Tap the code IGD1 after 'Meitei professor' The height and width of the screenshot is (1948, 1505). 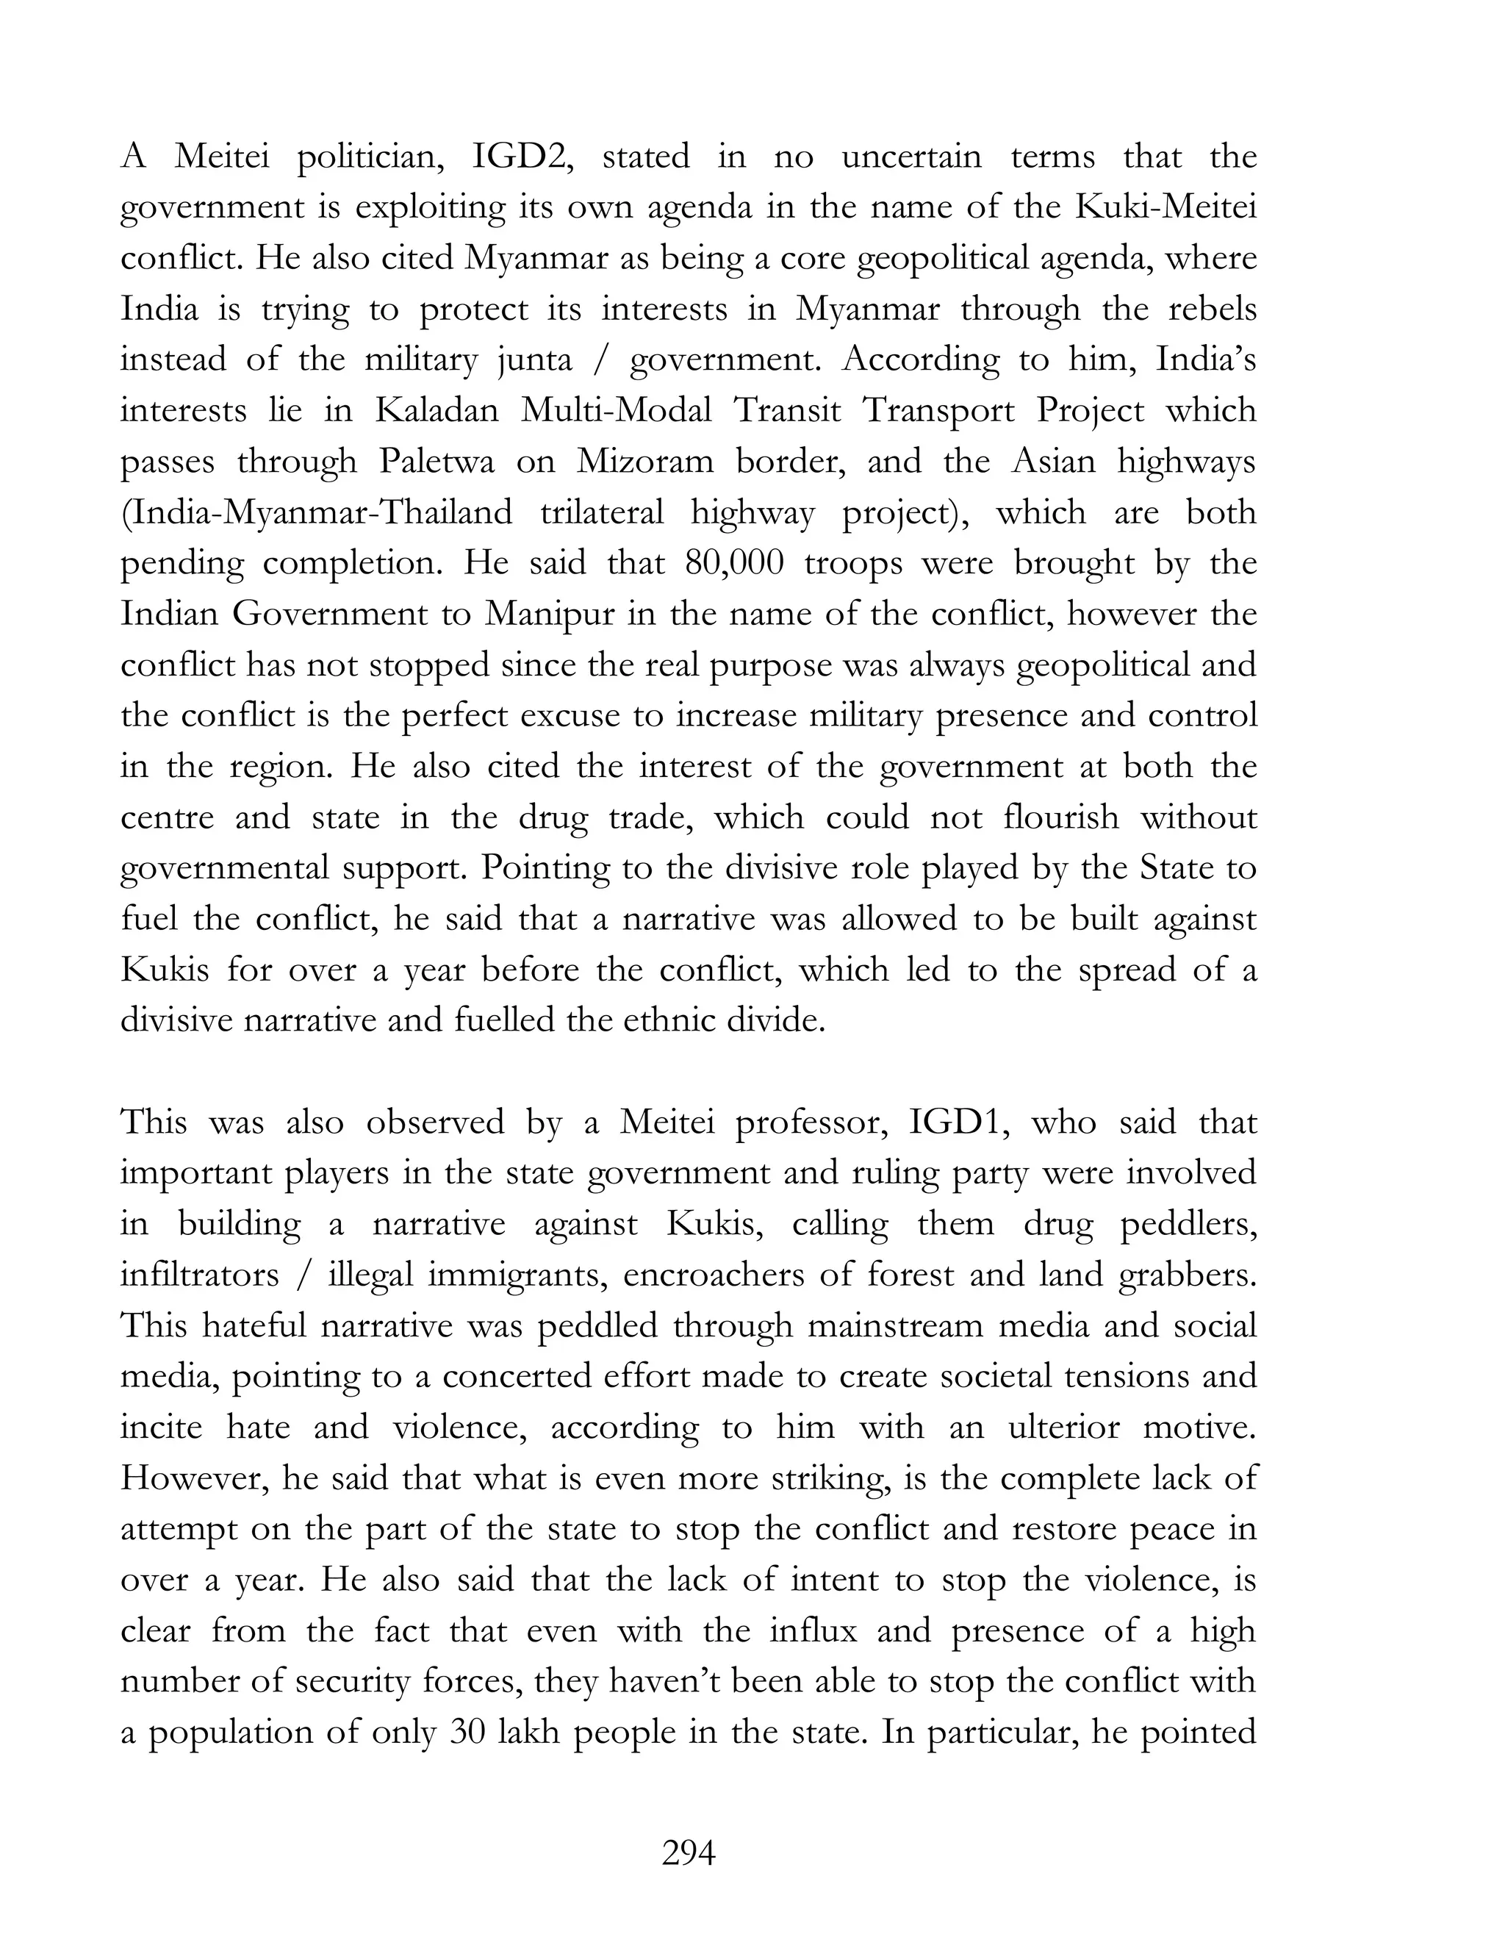click(958, 1122)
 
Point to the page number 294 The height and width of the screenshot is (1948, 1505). click(689, 1855)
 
